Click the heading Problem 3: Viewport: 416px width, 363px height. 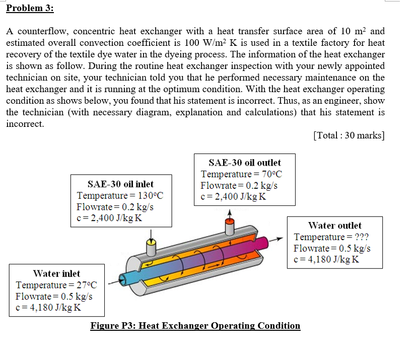[30, 9]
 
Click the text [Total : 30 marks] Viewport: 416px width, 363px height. [349, 135]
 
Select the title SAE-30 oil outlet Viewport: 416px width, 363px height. [244, 163]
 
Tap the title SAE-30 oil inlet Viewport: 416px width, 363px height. [120, 184]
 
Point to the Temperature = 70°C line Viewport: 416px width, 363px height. [241, 174]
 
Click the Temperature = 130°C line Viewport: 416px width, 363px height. [120, 196]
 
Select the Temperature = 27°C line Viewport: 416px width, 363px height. [56, 285]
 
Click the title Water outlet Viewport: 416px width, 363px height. [334, 226]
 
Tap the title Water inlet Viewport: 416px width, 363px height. [56, 273]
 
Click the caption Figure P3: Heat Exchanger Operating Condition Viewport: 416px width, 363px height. [195, 326]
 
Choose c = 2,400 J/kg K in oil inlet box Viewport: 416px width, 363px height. [109, 218]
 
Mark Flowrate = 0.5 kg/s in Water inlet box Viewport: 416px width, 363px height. [54, 296]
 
